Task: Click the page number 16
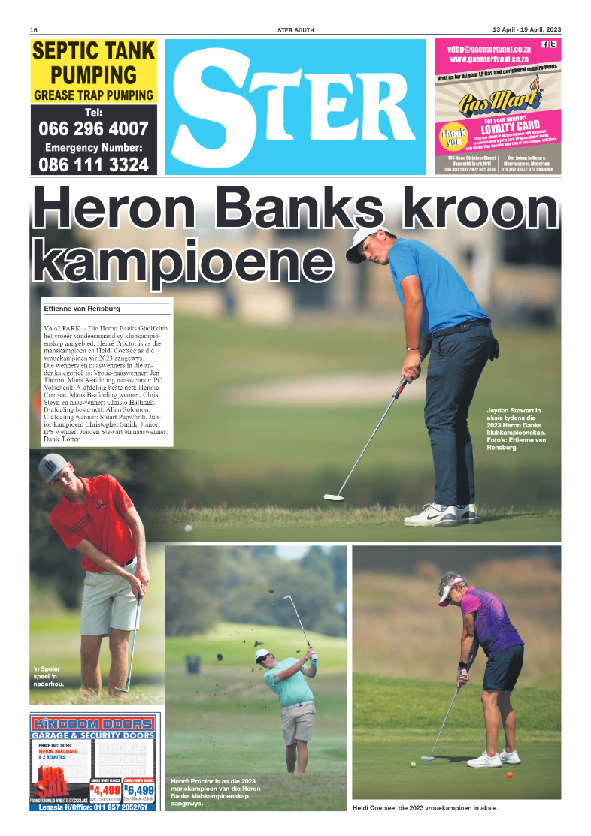coord(33,30)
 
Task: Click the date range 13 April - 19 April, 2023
coord(526,30)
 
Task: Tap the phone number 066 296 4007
coord(93,128)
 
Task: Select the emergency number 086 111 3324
coord(93,164)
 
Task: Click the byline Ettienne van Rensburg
coord(83,309)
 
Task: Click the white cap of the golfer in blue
coord(363,243)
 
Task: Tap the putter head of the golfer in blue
coord(334,497)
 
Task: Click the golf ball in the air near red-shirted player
coord(188,528)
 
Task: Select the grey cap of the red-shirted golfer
coord(52,467)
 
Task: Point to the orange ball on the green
coord(509,775)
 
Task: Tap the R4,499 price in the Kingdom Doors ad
coord(105,790)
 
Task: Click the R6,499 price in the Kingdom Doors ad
coord(140,790)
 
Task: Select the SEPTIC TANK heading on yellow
coord(93,51)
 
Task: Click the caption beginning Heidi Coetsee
coord(425,808)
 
